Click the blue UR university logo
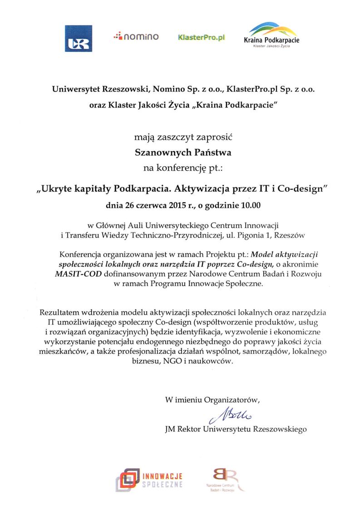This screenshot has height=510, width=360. coord(78,39)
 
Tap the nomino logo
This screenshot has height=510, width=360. coord(136,36)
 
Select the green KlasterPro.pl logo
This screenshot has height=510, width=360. coord(202,37)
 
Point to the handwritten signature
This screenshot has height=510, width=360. coord(232,414)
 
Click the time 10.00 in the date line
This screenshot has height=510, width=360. coord(250,205)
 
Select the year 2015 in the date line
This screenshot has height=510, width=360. coord(168,205)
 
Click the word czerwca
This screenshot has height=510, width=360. coord(141,205)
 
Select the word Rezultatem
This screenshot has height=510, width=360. coord(59,313)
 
